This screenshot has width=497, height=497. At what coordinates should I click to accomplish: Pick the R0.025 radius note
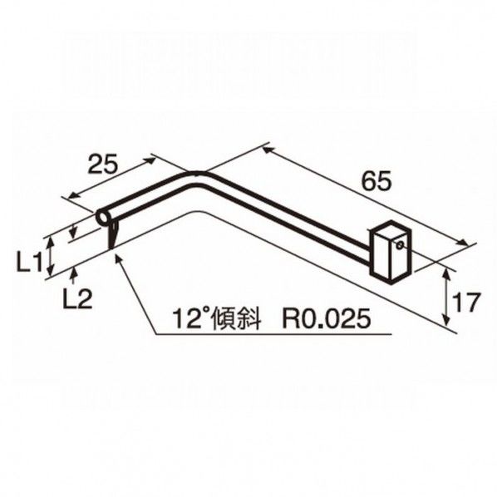[x=325, y=317]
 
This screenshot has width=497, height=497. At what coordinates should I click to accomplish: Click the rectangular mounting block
[x=387, y=251]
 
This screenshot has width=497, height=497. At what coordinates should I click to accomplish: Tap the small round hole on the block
[x=401, y=244]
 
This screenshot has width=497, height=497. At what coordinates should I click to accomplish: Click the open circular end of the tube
[x=103, y=218]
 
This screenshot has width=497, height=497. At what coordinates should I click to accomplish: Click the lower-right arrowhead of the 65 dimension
[x=468, y=244]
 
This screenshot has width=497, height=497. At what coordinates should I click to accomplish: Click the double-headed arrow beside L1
[x=52, y=256]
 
